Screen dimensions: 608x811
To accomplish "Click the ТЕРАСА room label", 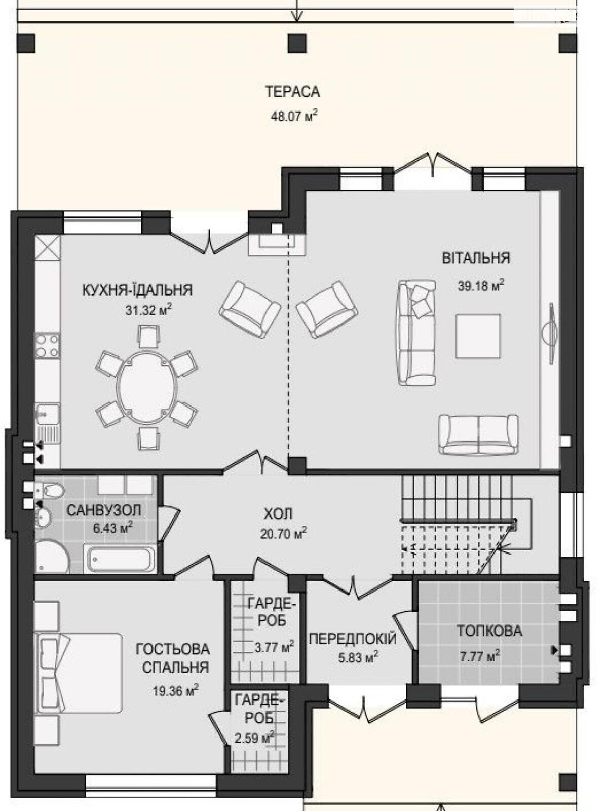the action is point(292,92).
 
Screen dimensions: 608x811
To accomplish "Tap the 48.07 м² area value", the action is point(294,117).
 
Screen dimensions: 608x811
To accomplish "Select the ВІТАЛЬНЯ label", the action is point(476,257).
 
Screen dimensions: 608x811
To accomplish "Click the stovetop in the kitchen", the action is point(48,346).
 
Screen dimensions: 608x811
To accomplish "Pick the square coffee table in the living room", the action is point(478,336).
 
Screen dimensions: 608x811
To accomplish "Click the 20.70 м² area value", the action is point(283,533).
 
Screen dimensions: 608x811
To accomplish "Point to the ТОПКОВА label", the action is point(489,631).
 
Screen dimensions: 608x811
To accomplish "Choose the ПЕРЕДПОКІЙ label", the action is point(353,639).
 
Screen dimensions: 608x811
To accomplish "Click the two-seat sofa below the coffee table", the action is point(478,434).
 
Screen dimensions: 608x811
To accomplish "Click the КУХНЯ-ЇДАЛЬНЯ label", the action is point(137,290).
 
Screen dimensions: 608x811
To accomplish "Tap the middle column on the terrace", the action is point(297,43).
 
